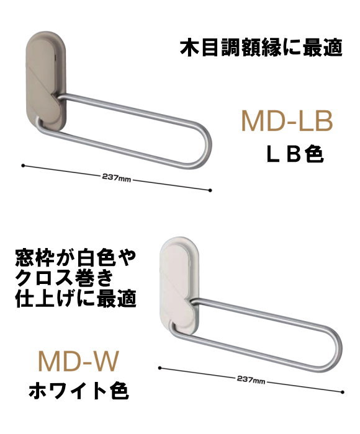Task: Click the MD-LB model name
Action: click(287, 121)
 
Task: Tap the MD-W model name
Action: click(78, 361)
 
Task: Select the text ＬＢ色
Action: click(295, 154)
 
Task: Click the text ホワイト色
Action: click(79, 390)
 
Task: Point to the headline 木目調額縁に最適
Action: click(261, 48)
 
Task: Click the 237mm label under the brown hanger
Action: click(117, 177)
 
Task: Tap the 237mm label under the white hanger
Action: click(251, 379)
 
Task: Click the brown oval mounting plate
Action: click(46, 81)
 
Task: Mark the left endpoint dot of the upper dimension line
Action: click(23, 166)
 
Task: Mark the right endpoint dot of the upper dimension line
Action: click(210, 190)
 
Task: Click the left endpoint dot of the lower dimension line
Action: click(160, 368)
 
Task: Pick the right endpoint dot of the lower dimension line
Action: click(343, 392)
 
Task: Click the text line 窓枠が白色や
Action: click(75, 259)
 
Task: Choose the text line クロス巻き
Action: click(65, 278)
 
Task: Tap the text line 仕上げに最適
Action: click(75, 298)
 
